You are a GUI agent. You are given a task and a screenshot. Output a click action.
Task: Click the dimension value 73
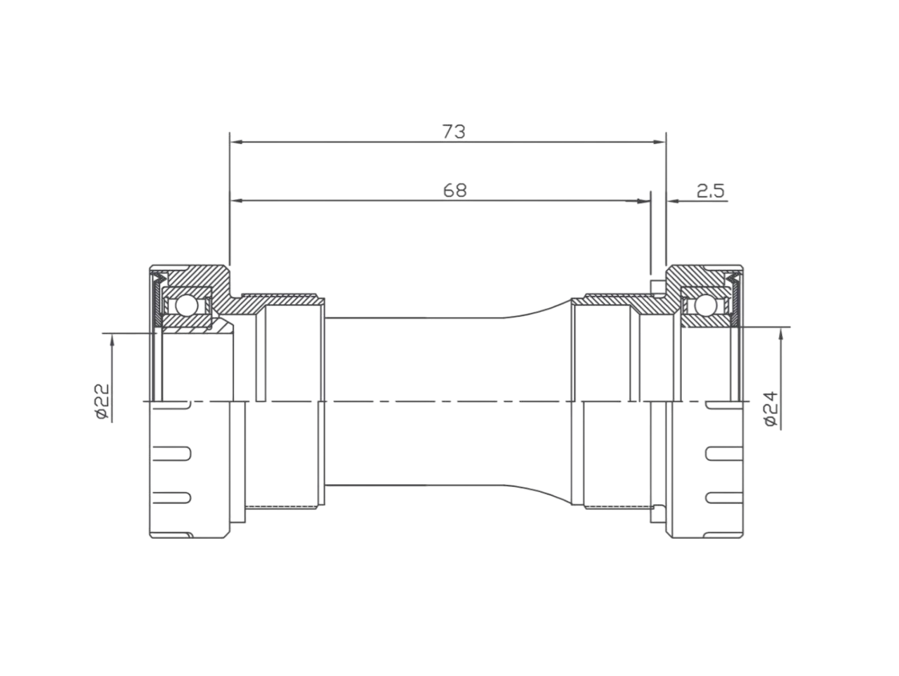click(454, 131)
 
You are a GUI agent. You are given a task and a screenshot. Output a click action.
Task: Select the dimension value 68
click(454, 190)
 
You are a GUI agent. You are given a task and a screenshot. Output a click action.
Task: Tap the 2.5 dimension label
click(711, 190)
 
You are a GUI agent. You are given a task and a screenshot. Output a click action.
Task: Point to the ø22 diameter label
click(102, 401)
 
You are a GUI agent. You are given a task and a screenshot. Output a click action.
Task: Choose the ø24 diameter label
click(770, 409)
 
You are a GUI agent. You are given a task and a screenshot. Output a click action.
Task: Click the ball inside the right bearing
click(704, 306)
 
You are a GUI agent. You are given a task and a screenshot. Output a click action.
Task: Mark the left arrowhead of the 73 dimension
click(236, 143)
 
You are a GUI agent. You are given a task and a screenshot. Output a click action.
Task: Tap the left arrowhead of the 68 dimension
click(236, 201)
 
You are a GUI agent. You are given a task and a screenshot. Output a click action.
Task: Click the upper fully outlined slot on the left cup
click(171, 453)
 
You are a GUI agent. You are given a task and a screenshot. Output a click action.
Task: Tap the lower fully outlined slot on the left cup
click(171, 497)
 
